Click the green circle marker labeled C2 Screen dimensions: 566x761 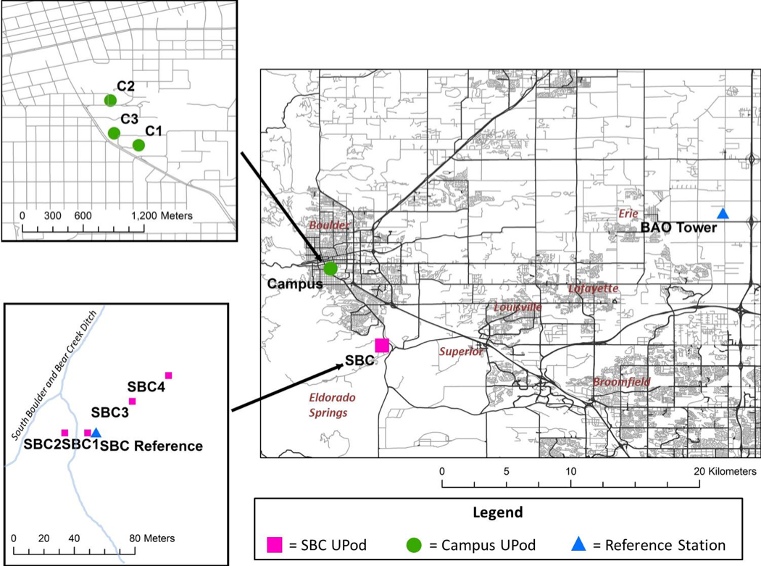(x=110, y=100)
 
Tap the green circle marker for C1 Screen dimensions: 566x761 (x=138, y=145)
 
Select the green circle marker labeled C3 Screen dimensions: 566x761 (x=114, y=133)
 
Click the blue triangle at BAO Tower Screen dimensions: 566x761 (x=723, y=213)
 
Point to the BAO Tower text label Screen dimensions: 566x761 (x=678, y=228)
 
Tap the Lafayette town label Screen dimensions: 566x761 (x=593, y=288)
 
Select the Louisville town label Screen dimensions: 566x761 (x=517, y=307)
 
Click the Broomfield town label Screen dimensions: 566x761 (x=622, y=381)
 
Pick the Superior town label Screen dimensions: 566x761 (x=461, y=351)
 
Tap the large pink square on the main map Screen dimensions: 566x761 (x=382, y=346)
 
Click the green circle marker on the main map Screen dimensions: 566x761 (x=330, y=268)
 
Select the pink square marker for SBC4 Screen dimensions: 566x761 (x=168, y=375)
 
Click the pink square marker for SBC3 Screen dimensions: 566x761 (x=132, y=401)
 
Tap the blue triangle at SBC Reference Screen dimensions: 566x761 (x=96, y=433)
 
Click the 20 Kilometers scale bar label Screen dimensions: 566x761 (x=725, y=471)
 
